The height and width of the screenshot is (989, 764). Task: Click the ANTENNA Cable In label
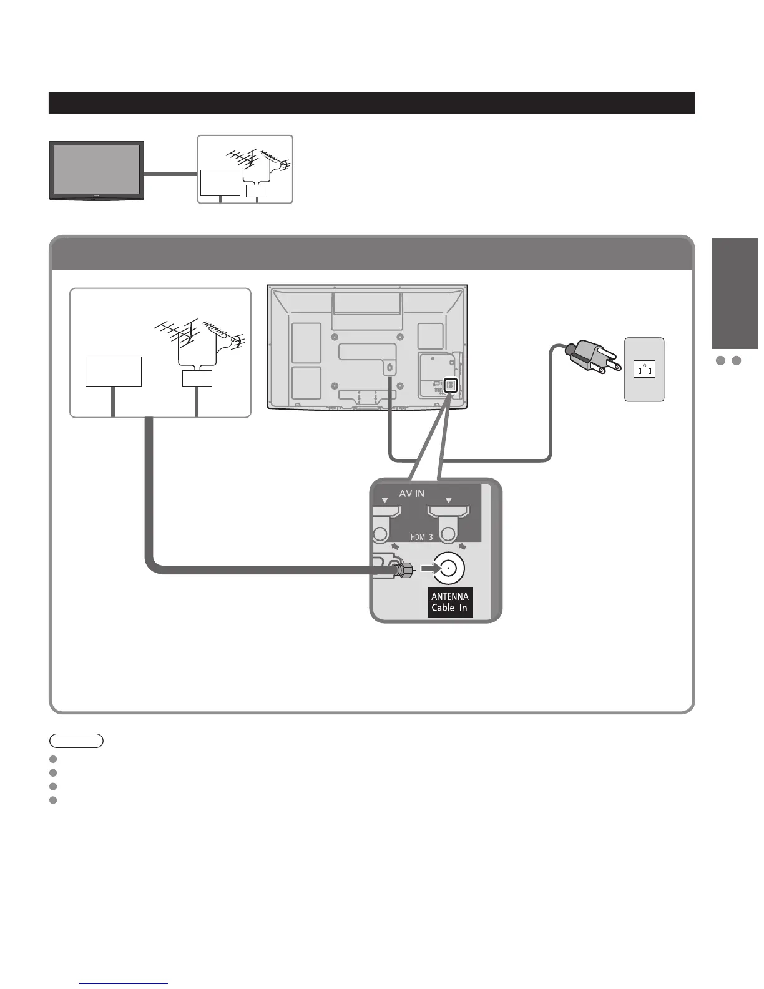(x=449, y=602)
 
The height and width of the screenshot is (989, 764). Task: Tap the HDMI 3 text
(x=421, y=536)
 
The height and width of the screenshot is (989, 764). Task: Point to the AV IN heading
(x=411, y=493)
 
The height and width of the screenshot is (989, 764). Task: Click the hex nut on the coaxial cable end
(x=404, y=569)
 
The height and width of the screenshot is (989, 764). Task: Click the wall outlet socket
(x=645, y=369)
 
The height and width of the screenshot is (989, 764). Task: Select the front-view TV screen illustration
(x=96, y=170)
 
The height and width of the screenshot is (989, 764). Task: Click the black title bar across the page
(x=371, y=103)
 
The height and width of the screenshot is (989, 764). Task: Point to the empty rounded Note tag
(x=76, y=741)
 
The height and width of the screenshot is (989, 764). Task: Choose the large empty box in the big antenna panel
(x=113, y=371)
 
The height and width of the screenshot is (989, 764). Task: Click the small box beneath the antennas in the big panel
(x=197, y=378)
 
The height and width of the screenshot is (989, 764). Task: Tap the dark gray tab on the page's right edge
(x=735, y=293)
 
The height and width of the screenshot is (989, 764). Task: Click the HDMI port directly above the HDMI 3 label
(x=448, y=514)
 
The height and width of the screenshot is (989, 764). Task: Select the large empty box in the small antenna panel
(x=220, y=182)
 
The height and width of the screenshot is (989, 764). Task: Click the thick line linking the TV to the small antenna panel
(x=170, y=174)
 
